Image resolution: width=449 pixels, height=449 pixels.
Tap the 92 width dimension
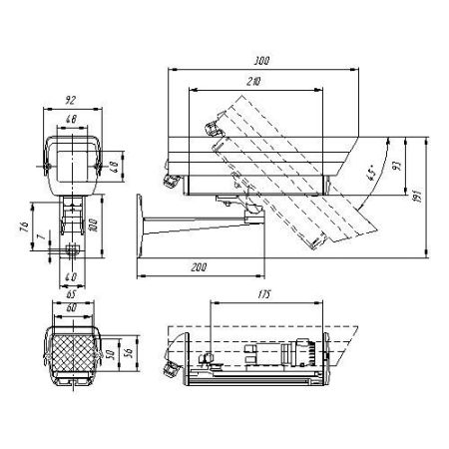click(x=70, y=100)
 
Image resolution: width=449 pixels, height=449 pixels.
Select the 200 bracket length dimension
click(x=198, y=268)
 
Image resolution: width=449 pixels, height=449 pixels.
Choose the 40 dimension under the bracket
click(x=70, y=276)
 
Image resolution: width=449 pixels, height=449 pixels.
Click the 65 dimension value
click(x=70, y=296)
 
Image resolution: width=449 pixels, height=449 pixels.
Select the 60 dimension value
click(x=70, y=308)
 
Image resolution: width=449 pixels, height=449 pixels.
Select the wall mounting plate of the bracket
click(x=143, y=228)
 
